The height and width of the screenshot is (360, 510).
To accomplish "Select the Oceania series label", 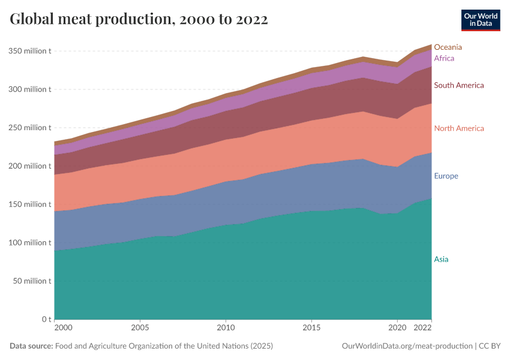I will point(448,47).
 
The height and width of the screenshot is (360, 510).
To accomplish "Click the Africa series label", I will point(444,58).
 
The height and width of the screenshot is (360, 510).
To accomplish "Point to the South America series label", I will point(458,85).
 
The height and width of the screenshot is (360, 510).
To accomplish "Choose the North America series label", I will point(458,128).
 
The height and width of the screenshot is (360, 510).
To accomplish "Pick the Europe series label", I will point(446,176).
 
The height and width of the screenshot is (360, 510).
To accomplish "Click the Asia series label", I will point(441,259).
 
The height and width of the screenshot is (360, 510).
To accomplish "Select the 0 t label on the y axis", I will point(46,319).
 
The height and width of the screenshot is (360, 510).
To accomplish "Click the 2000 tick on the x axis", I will point(63,328).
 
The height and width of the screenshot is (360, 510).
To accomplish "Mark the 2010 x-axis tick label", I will point(226,328).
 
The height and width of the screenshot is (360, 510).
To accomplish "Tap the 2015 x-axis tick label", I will point(311,328).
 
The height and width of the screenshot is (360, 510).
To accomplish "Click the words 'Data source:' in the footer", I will point(31,346).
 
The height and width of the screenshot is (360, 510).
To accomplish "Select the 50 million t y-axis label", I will point(32,281).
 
